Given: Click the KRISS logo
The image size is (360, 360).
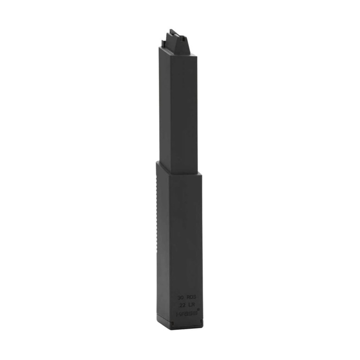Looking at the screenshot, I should coord(186,314).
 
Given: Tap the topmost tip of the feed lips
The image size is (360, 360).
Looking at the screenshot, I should coord(173,29).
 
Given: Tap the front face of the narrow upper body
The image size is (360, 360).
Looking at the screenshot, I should coord(185,107).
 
